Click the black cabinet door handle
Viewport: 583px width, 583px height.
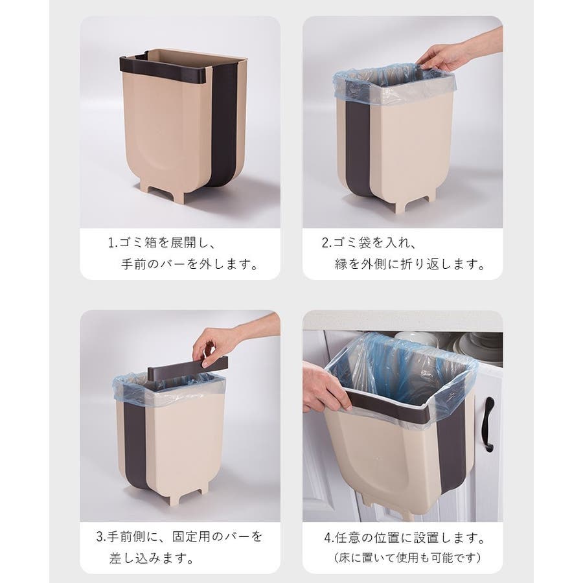[488, 424]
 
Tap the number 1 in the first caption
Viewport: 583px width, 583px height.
[111, 243]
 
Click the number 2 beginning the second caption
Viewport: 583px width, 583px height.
[325, 243]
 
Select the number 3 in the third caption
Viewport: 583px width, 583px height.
[100, 536]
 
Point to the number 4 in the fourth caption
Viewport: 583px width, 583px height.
[328, 538]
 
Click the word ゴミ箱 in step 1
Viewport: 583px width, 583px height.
[137, 243]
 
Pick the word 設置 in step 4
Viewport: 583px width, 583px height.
[427, 538]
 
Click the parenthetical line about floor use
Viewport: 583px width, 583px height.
[407, 558]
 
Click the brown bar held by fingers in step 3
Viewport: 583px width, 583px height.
[187, 367]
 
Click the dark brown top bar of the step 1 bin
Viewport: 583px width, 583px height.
[165, 69]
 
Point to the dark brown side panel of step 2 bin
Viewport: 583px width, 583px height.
[358, 149]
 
